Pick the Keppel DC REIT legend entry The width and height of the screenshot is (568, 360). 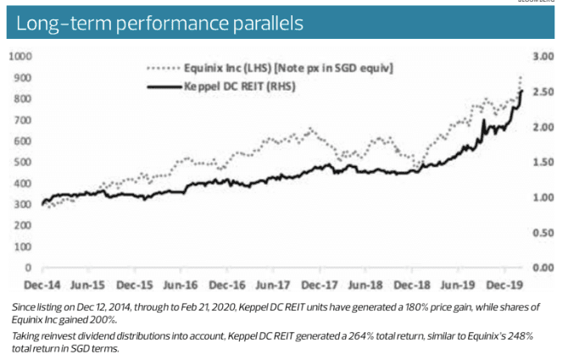[x=242, y=86]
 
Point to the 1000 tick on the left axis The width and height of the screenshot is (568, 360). [x=19, y=56]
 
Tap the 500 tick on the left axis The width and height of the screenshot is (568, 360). [x=22, y=162]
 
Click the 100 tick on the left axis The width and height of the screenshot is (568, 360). [x=22, y=246]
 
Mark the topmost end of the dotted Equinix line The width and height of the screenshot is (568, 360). [x=521, y=78]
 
